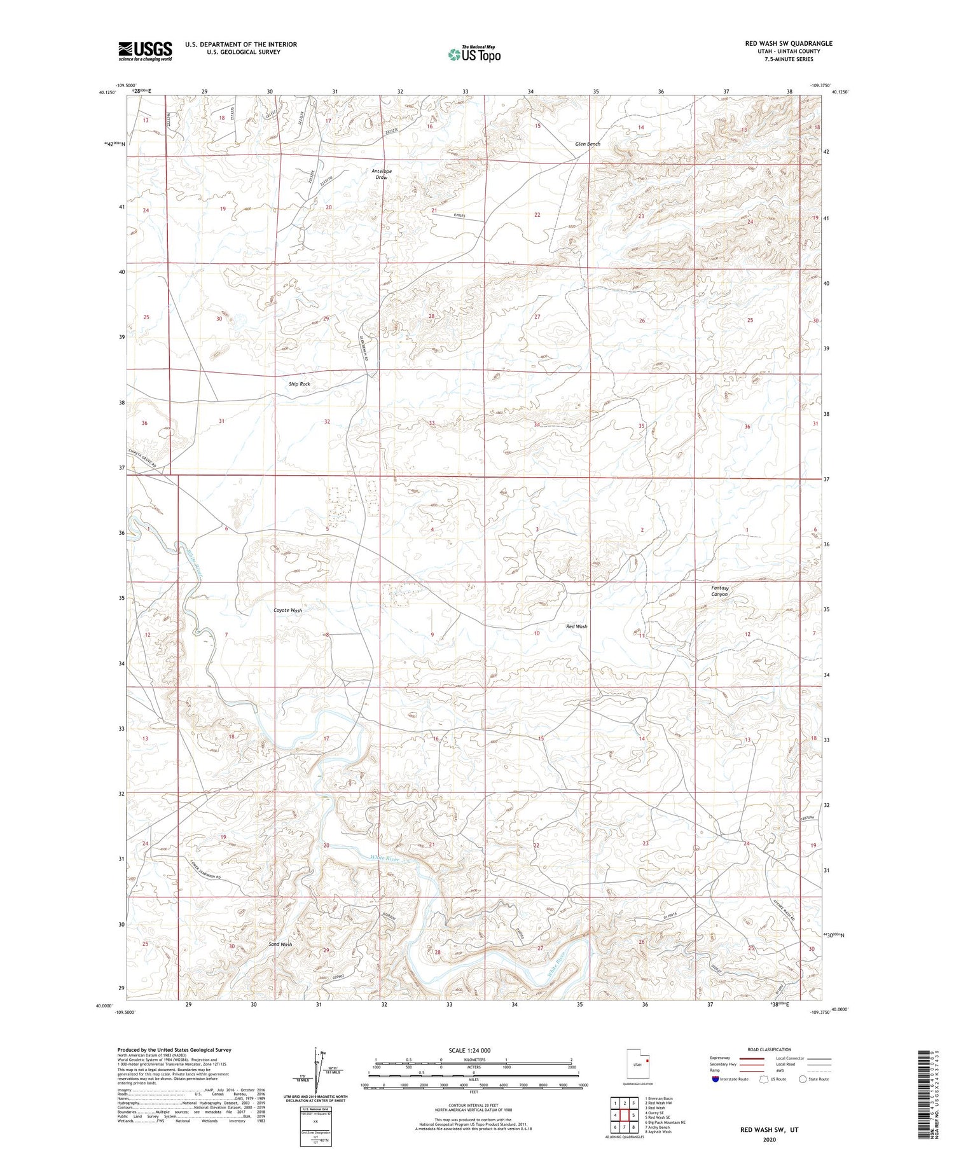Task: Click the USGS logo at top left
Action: pos(145,51)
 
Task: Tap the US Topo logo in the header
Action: pos(474,55)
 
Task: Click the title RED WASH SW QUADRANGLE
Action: pos(788,43)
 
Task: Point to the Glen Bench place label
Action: pos(587,144)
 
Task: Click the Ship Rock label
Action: pos(299,384)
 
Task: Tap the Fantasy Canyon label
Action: pos(719,591)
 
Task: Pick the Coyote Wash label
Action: pos(287,610)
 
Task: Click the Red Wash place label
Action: pos(576,626)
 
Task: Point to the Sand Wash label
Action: pos(280,944)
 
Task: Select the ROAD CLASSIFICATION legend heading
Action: pos(770,1049)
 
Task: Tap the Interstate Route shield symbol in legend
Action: pos(715,1079)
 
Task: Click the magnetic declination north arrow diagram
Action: pos(315,1069)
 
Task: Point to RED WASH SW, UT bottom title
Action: pos(769,1129)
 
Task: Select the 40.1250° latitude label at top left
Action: pos(107,92)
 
